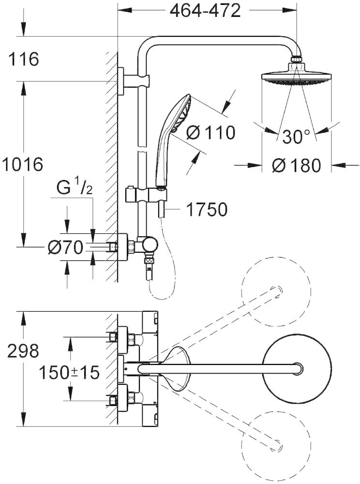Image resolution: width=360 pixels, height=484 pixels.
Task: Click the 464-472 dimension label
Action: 205,11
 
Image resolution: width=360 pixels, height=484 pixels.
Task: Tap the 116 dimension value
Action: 23,59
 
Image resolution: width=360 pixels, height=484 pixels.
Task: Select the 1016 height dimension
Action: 22,164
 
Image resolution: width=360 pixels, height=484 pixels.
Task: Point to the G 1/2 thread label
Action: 75,188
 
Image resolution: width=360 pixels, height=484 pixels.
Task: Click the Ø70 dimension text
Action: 66,247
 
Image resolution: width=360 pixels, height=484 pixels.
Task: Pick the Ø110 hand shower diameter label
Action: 210,133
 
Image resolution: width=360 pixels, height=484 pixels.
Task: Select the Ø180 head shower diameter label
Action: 297,166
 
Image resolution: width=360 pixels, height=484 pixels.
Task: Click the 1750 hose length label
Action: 207,209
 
